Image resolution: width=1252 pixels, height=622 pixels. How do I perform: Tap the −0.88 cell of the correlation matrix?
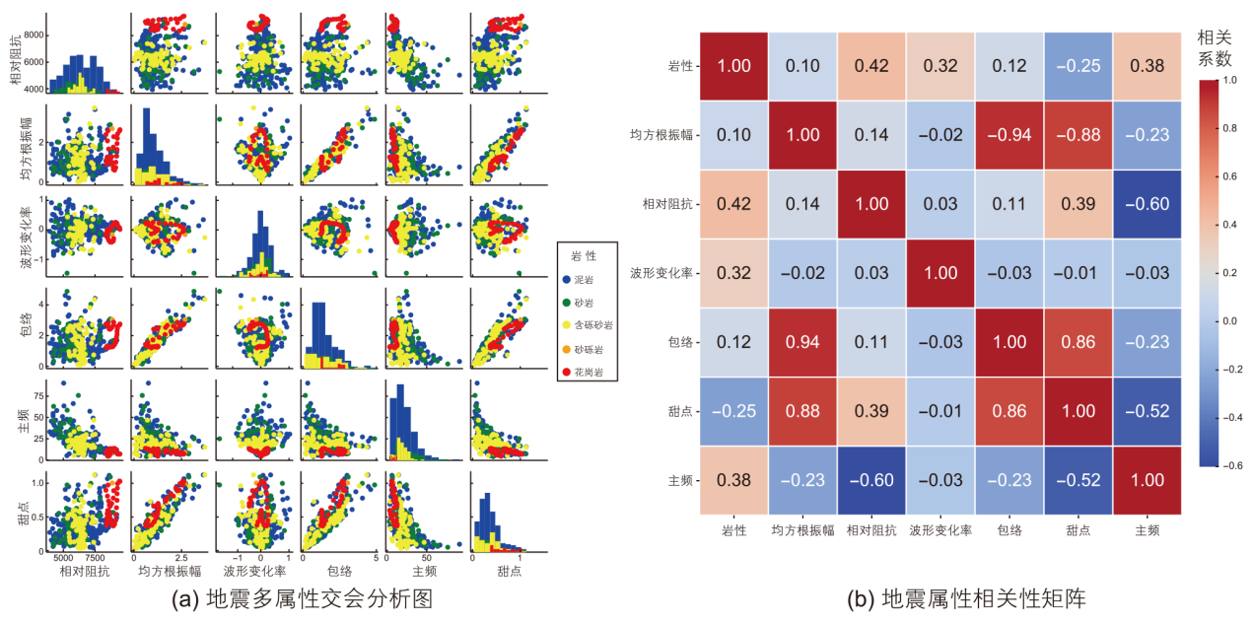pyautogui.click(x=1077, y=135)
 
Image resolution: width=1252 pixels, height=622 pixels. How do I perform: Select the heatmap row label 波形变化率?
pyautogui.click(x=665, y=273)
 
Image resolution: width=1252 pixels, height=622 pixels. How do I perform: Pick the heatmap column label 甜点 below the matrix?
pyautogui.click(x=1077, y=529)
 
